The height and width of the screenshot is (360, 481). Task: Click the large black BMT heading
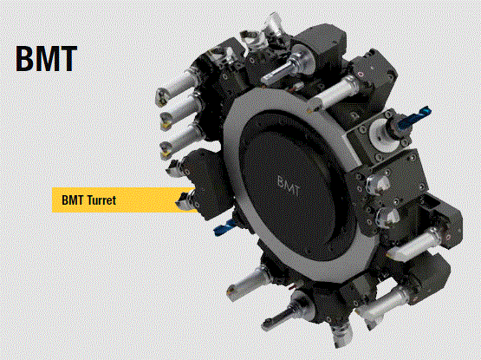coord(46,59)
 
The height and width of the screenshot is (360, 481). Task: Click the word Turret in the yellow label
coord(101,200)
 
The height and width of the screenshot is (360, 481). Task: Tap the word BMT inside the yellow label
coord(73,200)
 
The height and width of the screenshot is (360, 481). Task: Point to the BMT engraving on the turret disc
coord(288,186)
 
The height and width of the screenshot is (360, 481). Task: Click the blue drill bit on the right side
coord(414,117)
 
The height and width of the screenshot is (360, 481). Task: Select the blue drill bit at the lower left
coord(224,227)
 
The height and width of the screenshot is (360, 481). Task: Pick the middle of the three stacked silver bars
coord(182,111)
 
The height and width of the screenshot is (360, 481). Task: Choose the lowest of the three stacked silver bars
coord(182,141)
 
